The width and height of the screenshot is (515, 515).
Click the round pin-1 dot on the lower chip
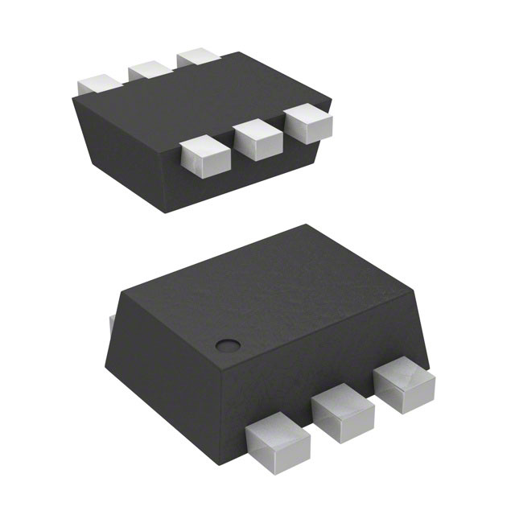229,346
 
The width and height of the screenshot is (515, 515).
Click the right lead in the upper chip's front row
309,122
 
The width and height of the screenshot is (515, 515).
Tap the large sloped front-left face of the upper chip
129,145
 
